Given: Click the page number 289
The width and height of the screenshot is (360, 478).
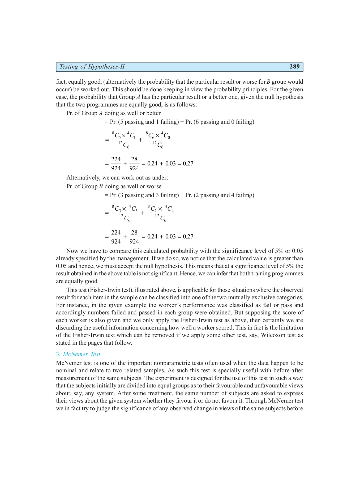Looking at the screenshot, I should click(x=294, y=67).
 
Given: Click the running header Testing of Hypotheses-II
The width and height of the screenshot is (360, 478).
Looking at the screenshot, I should click(x=92, y=67).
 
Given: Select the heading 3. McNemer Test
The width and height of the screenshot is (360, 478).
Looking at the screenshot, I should click(x=78, y=354).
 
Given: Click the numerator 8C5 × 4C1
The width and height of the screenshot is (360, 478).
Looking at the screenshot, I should click(x=124, y=136).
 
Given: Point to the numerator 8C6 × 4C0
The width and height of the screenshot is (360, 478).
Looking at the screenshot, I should click(x=158, y=136).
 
